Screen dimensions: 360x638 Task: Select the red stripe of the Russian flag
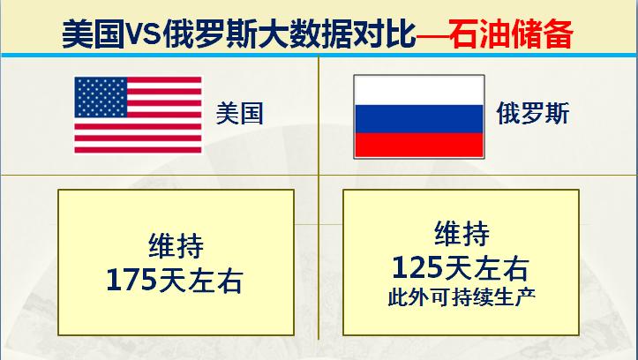[417, 144]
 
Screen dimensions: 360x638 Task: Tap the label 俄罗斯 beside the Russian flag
[529, 116]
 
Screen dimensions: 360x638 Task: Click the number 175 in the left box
[132, 280]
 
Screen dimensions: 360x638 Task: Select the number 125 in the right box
[419, 266]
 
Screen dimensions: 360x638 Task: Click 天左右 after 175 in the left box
[202, 280]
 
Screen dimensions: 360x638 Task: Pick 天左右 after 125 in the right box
[488, 266]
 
